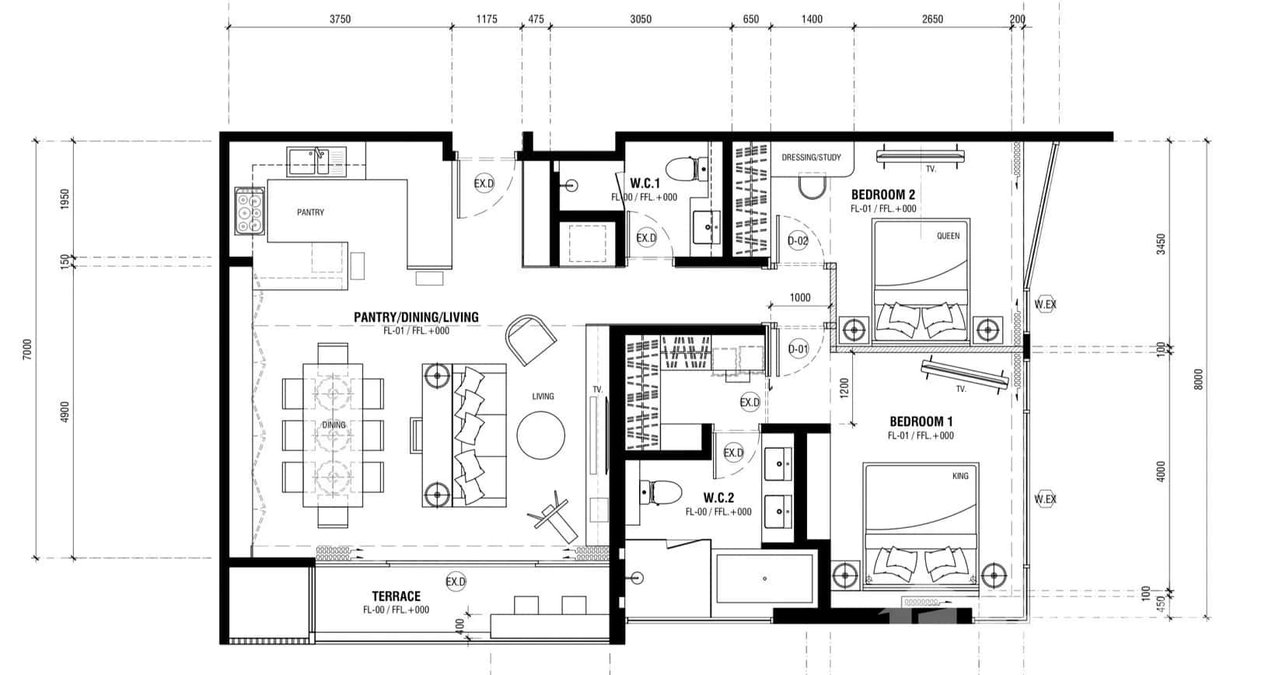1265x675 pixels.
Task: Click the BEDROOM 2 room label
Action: pyautogui.click(x=882, y=194)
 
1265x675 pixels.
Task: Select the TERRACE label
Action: pyautogui.click(x=396, y=596)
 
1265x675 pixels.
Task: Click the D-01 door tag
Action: pyautogui.click(x=798, y=349)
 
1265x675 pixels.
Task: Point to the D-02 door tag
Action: pyautogui.click(x=798, y=241)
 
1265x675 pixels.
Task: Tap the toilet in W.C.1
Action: pyautogui.click(x=687, y=168)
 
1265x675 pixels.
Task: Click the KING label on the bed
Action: pyautogui.click(x=960, y=476)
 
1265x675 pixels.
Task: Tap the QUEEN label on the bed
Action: pyautogui.click(x=948, y=236)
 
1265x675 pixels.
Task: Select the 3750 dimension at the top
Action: pyautogui.click(x=340, y=19)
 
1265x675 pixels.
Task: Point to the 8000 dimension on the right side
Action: pyautogui.click(x=1198, y=379)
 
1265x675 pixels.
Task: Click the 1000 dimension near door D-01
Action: pyautogui.click(x=799, y=298)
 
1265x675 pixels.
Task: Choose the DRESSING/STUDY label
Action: pyautogui.click(x=811, y=158)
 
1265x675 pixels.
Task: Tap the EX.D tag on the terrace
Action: pyautogui.click(x=456, y=582)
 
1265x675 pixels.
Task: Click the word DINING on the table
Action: pyautogui.click(x=334, y=425)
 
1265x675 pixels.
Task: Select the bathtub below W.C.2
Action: pyautogui.click(x=765, y=579)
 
